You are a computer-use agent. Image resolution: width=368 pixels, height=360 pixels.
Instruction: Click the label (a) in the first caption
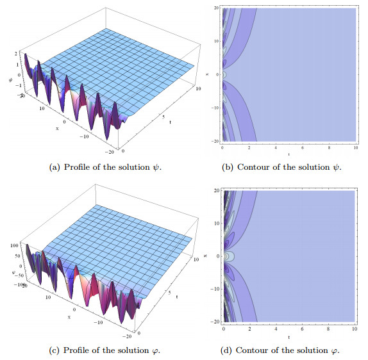pyautogui.click(x=54, y=168)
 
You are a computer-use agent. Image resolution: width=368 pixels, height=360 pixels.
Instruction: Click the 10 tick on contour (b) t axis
pyautogui.click(x=354, y=147)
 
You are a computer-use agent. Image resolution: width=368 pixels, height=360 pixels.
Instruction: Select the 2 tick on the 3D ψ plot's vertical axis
pyautogui.click(x=13, y=56)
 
